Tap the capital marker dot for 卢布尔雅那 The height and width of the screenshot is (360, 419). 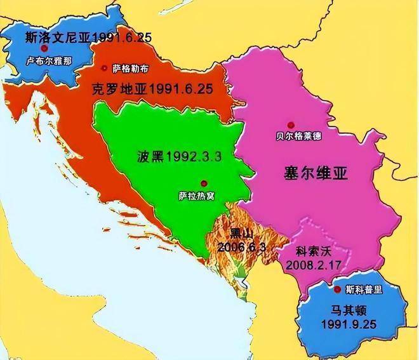coord(44,48)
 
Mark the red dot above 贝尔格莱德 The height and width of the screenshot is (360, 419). coord(291,124)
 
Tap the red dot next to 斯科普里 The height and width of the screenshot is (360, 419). coord(337,289)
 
